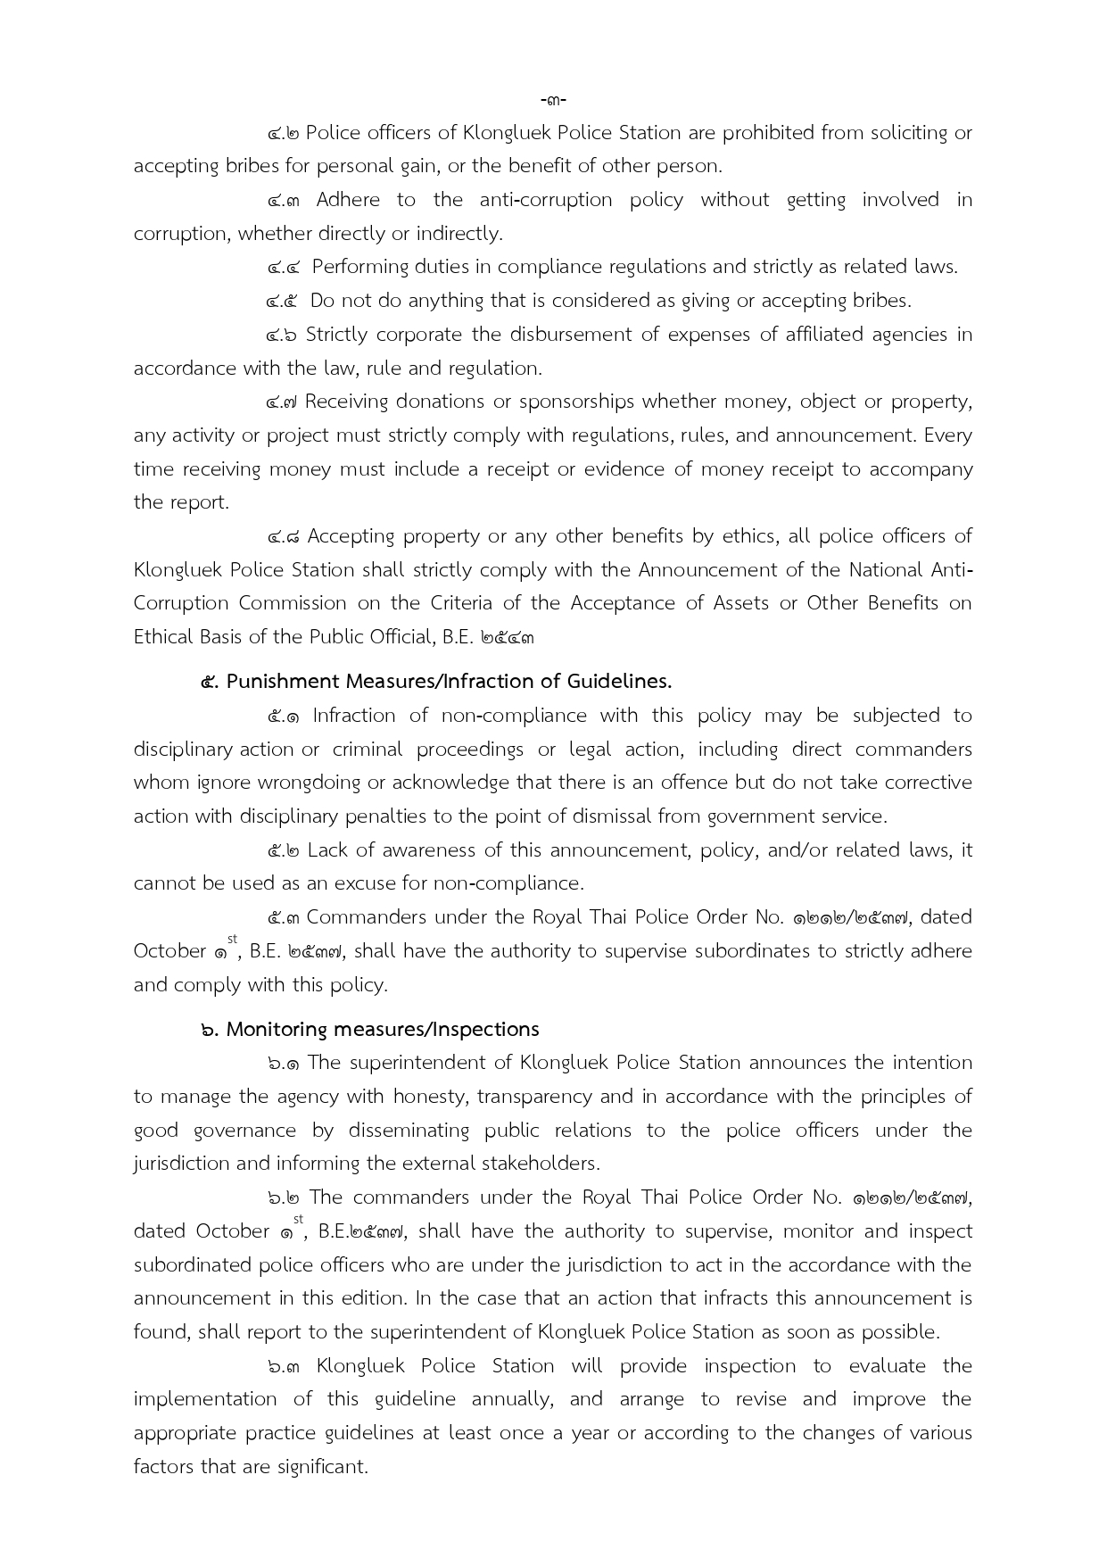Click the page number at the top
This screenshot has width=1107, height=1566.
[553, 99]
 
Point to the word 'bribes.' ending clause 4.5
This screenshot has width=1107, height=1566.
[882, 301]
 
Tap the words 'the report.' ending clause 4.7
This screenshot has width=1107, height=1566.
[181, 502]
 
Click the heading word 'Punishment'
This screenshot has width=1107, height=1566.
[283, 682]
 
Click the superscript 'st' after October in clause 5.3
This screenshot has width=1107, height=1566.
[233, 940]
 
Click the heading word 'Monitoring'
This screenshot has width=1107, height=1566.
[277, 1030]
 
